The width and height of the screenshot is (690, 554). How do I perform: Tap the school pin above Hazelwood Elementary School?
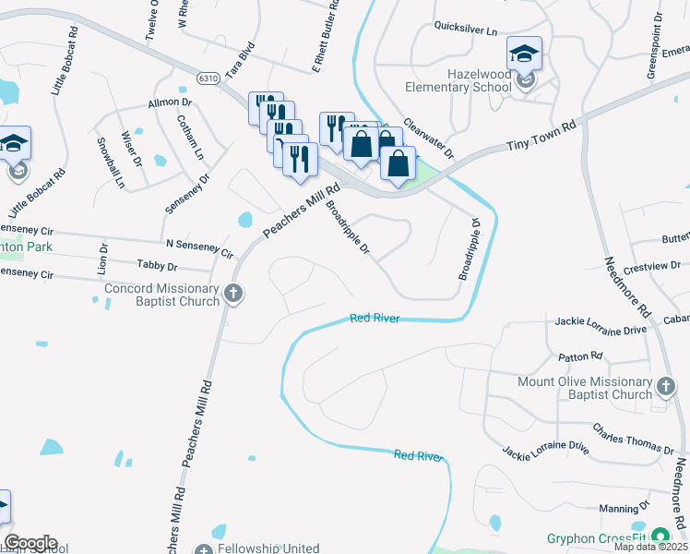[x=524, y=55]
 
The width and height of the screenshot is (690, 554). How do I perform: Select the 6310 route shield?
[x=208, y=78]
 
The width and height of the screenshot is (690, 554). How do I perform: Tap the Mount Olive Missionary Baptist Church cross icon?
[x=665, y=388]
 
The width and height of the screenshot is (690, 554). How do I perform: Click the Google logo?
[x=30, y=543]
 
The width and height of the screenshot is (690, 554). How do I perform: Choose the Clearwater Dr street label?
[x=429, y=138]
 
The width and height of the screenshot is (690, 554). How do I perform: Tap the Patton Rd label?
[x=580, y=355]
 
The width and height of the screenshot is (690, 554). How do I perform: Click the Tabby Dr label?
[x=157, y=266]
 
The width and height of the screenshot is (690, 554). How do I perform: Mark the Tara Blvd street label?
[x=241, y=57]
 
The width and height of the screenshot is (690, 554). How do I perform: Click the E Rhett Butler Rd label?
[x=326, y=37]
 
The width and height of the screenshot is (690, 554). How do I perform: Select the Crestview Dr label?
[x=651, y=269]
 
